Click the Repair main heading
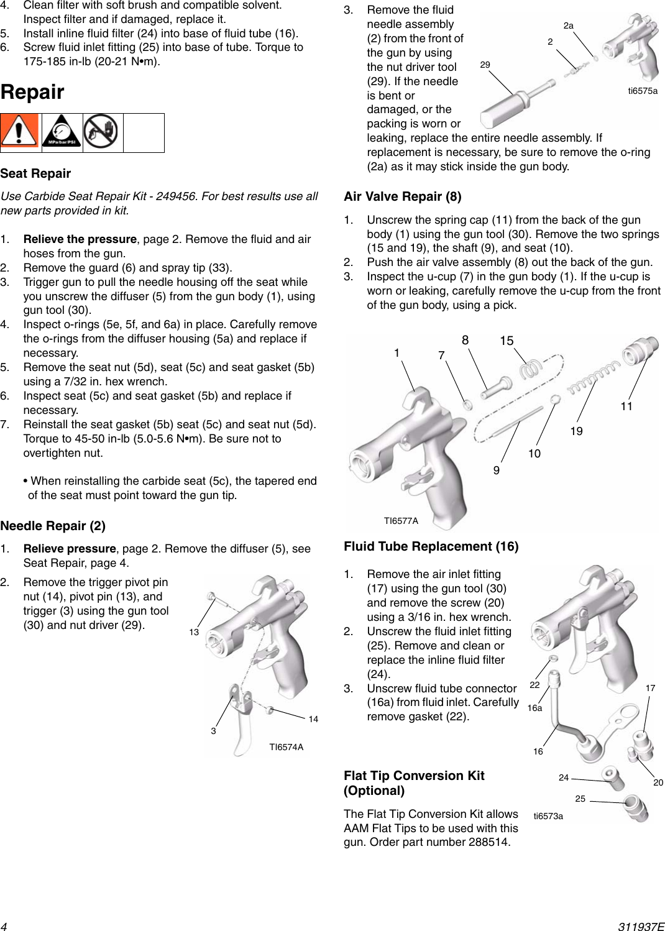[x=32, y=92]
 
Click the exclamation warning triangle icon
[x=19, y=132]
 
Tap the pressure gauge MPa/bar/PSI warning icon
[x=62, y=132]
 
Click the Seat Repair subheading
[x=35, y=173]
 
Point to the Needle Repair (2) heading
[x=53, y=526]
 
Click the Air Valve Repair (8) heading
[x=402, y=196]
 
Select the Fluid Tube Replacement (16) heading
[x=431, y=546]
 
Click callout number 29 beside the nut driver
[x=485, y=65]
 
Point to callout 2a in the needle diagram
[x=568, y=25]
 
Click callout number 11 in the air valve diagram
[x=626, y=406]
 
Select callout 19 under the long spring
[x=576, y=431]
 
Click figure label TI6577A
[x=401, y=521]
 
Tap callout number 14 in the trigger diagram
[x=313, y=719]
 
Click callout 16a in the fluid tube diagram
[x=534, y=708]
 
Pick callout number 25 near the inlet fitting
[x=580, y=799]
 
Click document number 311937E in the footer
[x=641, y=926]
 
